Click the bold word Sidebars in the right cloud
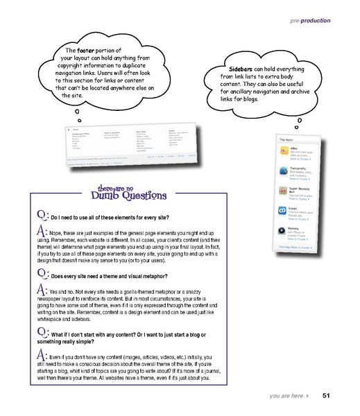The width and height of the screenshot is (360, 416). click(230, 69)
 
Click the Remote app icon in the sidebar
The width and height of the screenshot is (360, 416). click(284, 229)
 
